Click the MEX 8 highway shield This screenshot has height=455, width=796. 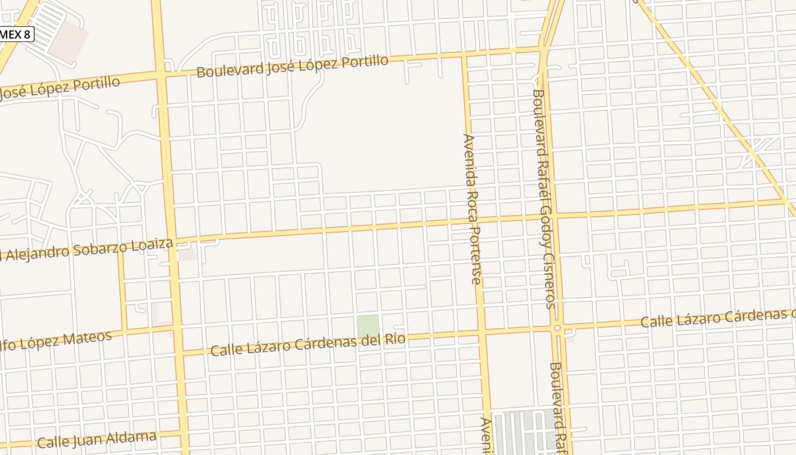pyautogui.click(x=16, y=34)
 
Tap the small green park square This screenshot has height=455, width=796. pyautogui.click(x=368, y=326)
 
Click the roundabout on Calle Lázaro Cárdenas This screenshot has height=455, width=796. pyautogui.click(x=557, y=328)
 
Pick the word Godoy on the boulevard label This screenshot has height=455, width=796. pyautogui.click(x=544, y=226)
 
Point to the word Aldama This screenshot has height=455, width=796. pyautogui.click(x=131, y=438)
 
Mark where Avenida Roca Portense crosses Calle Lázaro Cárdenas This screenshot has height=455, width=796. pyautogui.click(x=482, y=331)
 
